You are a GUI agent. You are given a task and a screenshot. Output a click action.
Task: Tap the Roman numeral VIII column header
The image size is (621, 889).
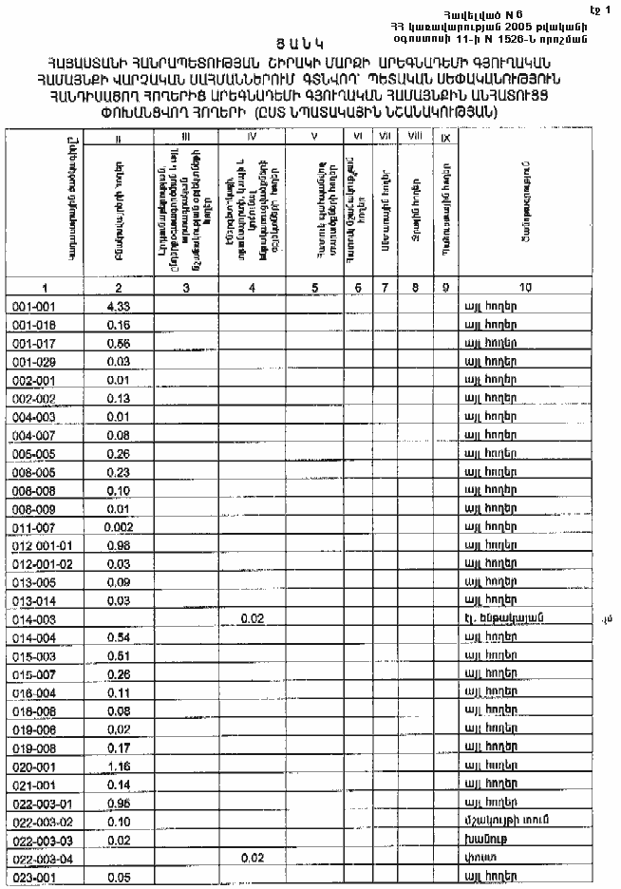tap(414, 138)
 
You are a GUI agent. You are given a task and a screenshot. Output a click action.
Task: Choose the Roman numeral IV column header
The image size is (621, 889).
tap(252, 138)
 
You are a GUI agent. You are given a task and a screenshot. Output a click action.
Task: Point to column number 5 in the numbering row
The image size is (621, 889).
tap(312, 286)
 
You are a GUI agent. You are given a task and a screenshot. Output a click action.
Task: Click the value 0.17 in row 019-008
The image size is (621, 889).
tap(118, 746)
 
